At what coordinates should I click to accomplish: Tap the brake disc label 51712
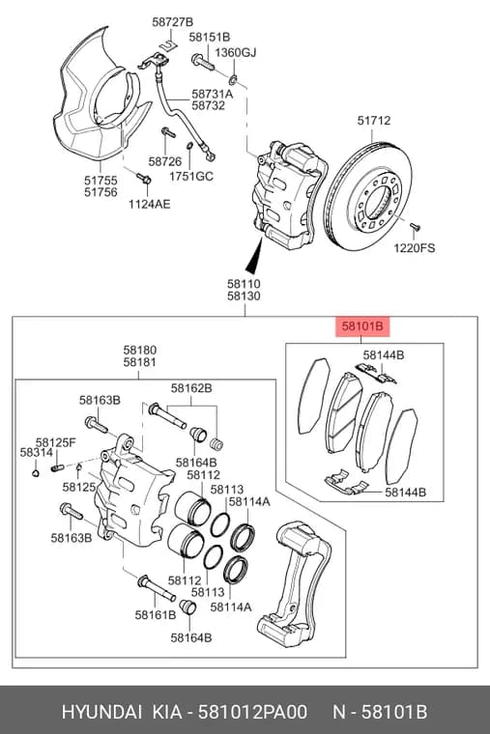pyautogui.click(x=374, y=121)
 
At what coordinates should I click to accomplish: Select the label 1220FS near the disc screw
pyautogui.click(x=414, y=247)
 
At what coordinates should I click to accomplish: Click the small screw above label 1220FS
pyautogui.click(x=415, y=227)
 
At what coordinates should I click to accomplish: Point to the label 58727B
pyautogui.click(x=172, y=22)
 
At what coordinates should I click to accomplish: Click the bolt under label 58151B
pyautogui.click(x=202, y=62)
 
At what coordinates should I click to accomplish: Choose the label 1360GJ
pyautogui.click(x=236, y=52)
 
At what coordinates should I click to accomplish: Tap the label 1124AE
pyautogui.click(x=150, y=204)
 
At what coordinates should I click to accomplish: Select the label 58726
pyautogui.click(x=165, y=161)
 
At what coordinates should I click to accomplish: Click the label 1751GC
pyautogui.click(x=191, y=176)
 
